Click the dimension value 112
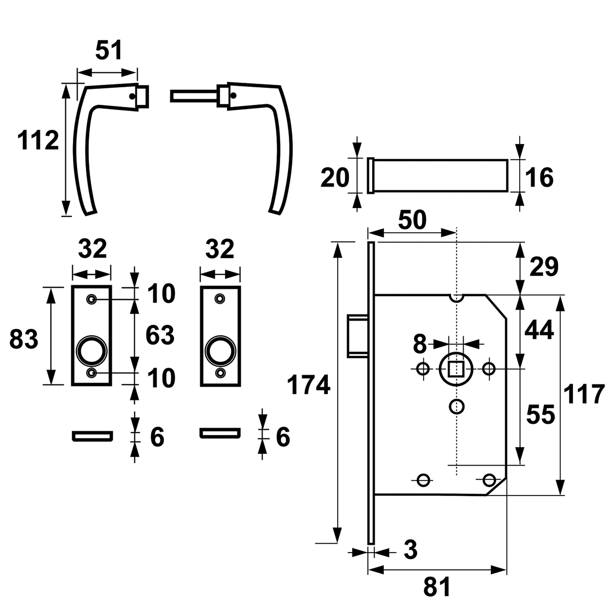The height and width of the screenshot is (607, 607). [x=39, y=141]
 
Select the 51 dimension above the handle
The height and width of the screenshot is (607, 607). [x=109, y=50]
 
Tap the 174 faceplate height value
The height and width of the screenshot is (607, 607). [x=308, y=385]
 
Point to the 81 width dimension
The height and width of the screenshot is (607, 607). [x=437, y=587]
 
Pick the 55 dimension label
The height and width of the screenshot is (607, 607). [x=541, y=415]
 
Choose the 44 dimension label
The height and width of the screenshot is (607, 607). [x=539, y=330]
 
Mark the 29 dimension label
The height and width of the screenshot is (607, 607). [x=544, y=267]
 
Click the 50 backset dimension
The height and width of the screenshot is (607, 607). [x=412, y=219]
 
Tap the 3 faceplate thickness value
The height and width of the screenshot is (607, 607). [x=410, y=550]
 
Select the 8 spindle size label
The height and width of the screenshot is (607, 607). [x=419, y=344]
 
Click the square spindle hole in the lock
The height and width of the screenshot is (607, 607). [x=456, y=369]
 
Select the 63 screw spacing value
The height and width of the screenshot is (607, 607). [x=160, y=335]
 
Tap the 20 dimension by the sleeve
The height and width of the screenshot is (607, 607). [x=335, y=178]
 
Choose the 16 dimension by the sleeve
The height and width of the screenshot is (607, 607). [x=539, y=178]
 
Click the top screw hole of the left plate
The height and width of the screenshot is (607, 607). [x=92, y=299]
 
